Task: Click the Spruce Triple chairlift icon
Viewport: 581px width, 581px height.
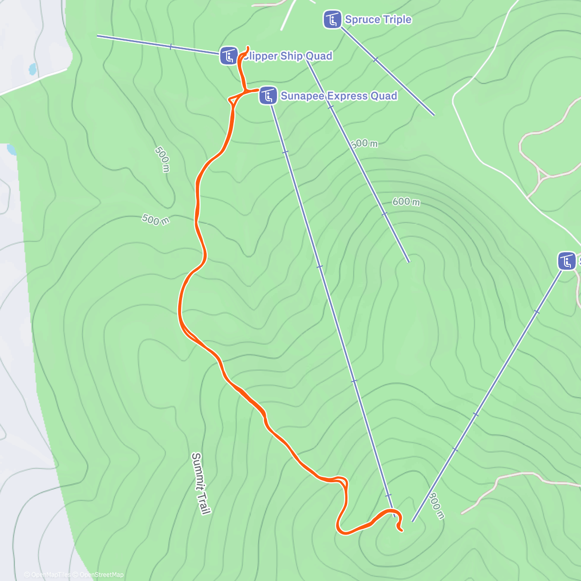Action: tap(332, 20)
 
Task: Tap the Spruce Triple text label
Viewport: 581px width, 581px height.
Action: tap(378, 20)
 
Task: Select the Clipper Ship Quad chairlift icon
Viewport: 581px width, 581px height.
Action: tap(229, 56)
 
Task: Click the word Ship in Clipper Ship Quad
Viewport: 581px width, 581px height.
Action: tap(290, 56)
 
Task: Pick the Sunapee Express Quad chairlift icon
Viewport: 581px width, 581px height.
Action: tap(268, 95)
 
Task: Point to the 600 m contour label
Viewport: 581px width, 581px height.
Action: tap(406, 201)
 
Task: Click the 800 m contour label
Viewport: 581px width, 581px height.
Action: tap(436, 506)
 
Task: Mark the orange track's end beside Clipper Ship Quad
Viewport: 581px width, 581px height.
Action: tap(248, 47)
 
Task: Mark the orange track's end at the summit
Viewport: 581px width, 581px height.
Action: tap(402, 531)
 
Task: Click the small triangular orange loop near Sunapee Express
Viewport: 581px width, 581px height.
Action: tap(235, 99)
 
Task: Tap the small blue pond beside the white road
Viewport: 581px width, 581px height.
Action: tap(32, 69)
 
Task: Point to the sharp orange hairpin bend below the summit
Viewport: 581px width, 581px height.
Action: tap(338, 528)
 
